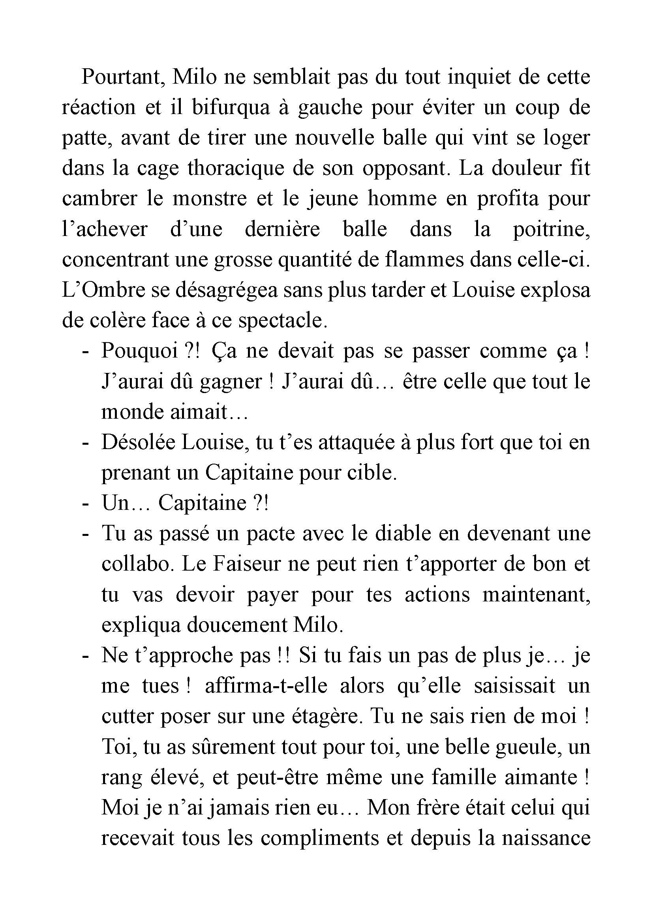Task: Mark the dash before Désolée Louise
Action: click(x=85, y=442)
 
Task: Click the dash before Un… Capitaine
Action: click(x=85, y=503)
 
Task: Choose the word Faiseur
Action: click(x=246, y=564)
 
